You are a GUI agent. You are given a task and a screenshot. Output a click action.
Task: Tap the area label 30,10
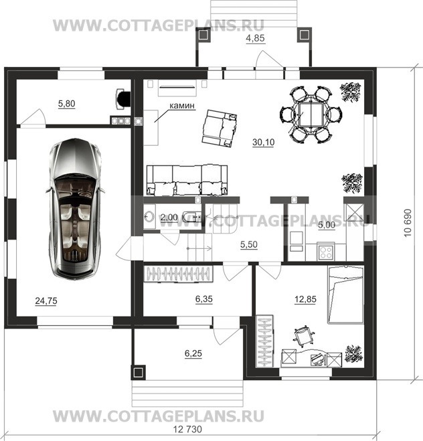(263, 143)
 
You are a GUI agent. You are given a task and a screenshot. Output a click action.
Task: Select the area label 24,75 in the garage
(46, 301)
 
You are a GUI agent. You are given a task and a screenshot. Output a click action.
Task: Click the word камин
(182, 106)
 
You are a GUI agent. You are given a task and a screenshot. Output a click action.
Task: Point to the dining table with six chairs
(311, 115)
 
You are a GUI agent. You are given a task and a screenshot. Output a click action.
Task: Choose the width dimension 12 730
(187, 430)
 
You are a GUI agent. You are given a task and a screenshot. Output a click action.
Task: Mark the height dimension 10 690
(408, 223)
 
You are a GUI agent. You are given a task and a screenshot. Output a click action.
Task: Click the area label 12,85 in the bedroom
(305, 299)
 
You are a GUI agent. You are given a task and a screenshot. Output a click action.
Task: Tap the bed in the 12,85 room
(345, 295)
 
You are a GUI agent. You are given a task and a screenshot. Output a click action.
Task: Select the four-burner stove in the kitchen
(326, 252)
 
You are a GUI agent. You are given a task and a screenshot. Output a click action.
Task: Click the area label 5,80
(67, 104)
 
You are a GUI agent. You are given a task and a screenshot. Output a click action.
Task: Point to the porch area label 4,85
(256, 38)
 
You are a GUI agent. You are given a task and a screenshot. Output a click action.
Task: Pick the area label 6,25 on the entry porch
(193, 353)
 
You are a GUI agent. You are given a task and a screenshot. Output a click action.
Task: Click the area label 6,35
(204, 299)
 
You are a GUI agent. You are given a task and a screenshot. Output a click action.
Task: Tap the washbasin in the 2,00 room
(149, 217)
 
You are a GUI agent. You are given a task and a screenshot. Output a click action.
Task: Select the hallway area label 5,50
(249, 244)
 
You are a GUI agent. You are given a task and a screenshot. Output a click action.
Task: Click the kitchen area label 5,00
(327, 225)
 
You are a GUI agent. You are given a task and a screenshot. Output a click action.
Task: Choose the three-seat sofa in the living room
(187, 180)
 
